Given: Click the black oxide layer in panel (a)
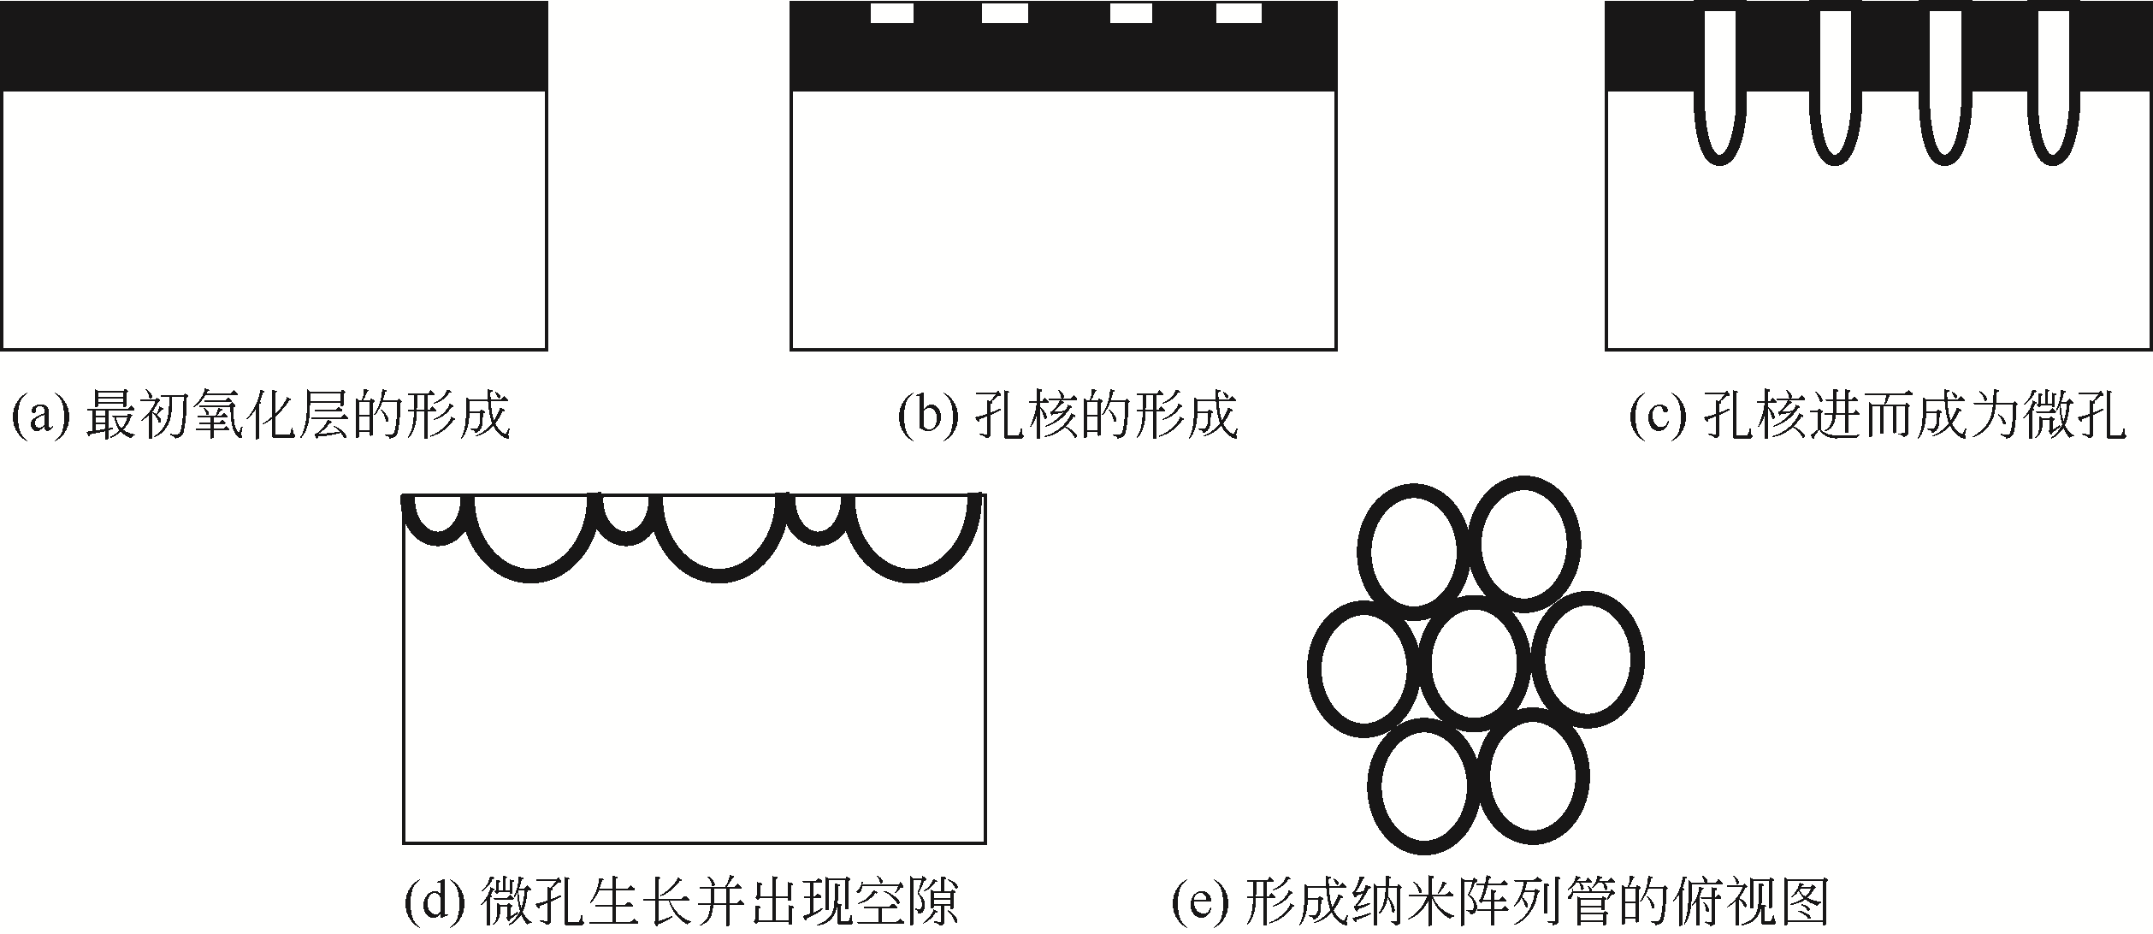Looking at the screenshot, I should [274, 46].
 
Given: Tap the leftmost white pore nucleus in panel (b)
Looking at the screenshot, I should [892, 14].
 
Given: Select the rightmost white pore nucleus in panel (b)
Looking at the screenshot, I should [1239, 14].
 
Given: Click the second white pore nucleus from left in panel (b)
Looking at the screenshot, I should [1005, 14].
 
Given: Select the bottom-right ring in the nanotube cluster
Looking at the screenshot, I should [1533, 777].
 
